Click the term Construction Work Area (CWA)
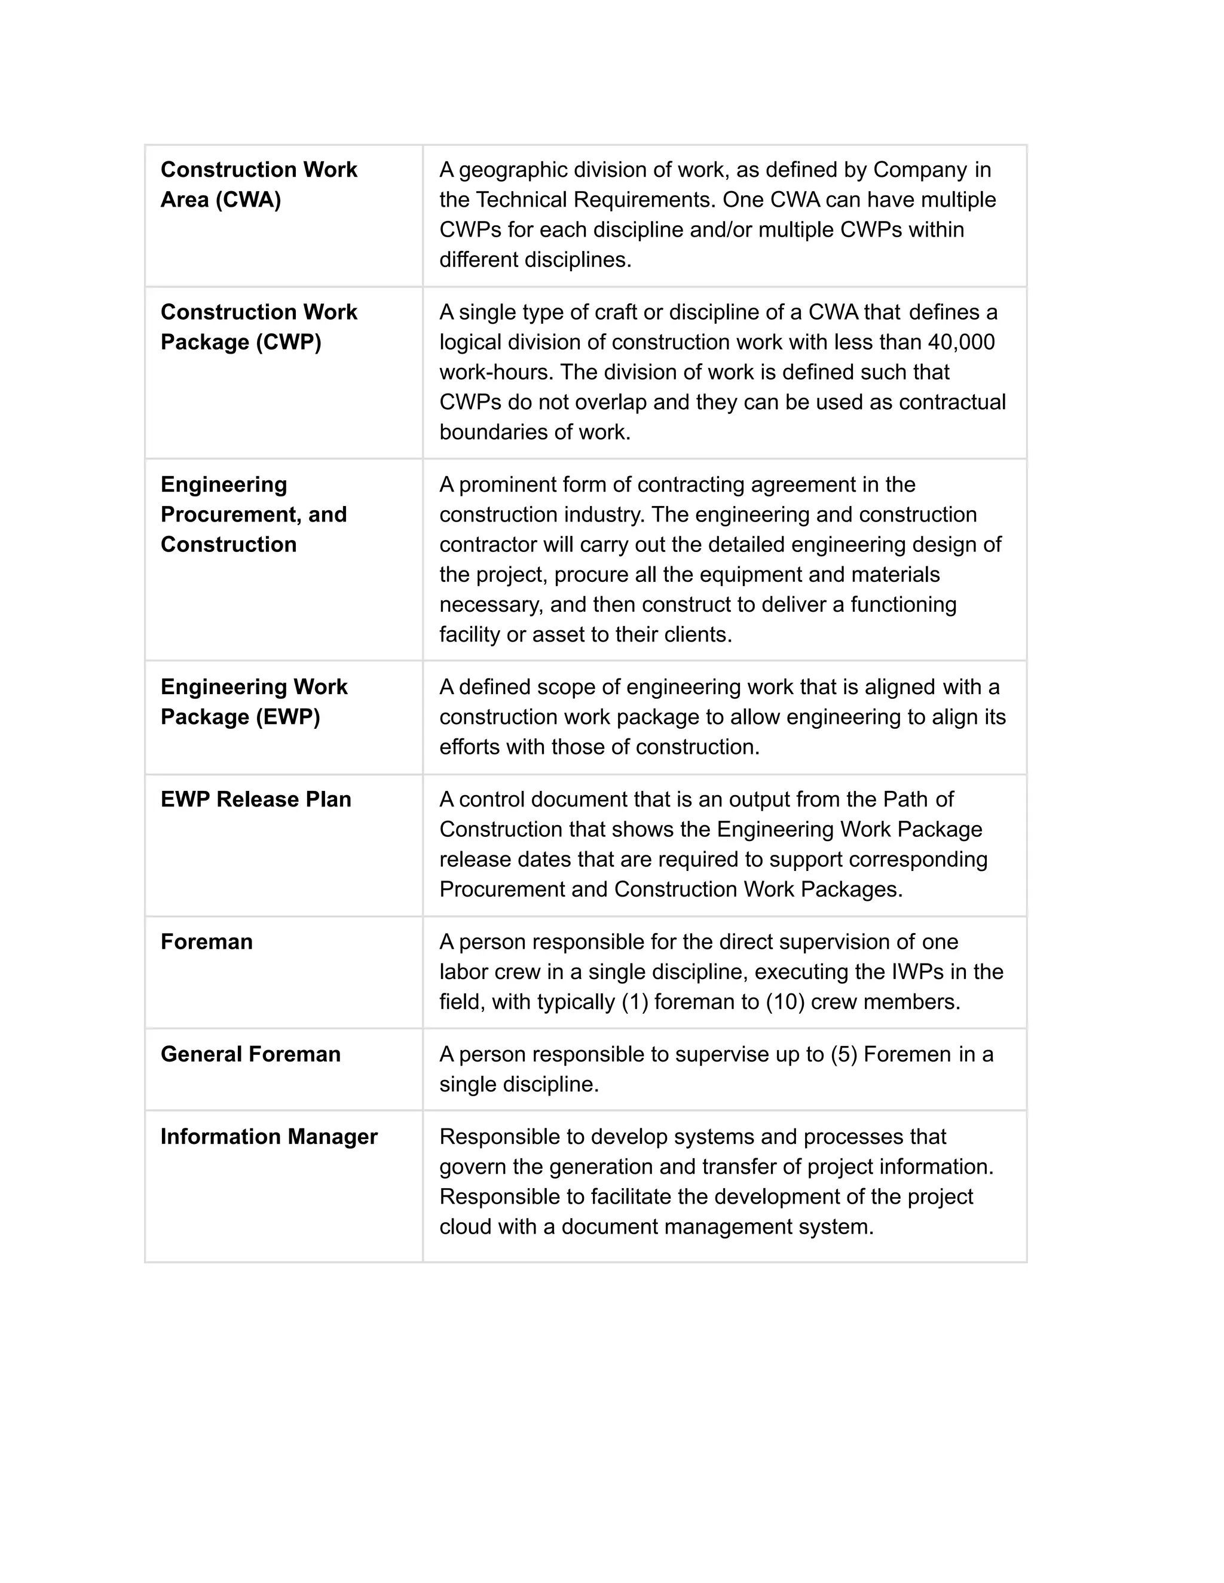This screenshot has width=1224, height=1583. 258,184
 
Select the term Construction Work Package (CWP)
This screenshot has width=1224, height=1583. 258,327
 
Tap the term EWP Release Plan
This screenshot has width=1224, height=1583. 255,799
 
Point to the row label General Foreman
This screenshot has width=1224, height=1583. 250,1054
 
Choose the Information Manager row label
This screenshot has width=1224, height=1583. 268,1137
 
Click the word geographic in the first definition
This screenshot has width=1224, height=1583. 513,170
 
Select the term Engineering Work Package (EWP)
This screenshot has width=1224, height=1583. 254,702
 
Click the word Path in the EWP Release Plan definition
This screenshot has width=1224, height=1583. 905,799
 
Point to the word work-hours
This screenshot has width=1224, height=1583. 496,372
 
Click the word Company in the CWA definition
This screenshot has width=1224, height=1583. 919,170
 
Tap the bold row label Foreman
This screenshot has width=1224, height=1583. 207,941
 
